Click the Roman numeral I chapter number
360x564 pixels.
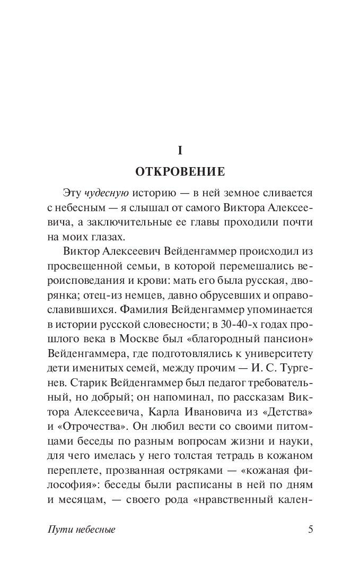pyautogui.click(x=180, y=151)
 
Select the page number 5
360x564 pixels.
pyautogui.click(x=311, y=529)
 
